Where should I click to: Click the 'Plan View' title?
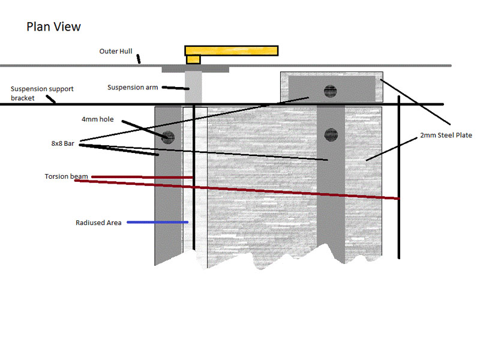53,27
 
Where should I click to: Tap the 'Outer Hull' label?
116,52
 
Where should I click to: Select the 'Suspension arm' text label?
133,88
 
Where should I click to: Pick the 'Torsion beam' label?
66,176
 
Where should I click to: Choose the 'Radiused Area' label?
98,223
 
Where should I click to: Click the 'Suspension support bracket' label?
42,93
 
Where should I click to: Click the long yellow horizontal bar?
231,50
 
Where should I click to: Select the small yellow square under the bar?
193,59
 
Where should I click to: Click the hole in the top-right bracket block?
329,91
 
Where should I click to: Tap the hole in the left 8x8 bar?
167,137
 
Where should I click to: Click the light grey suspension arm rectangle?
193,88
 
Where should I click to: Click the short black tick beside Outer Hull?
139,59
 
